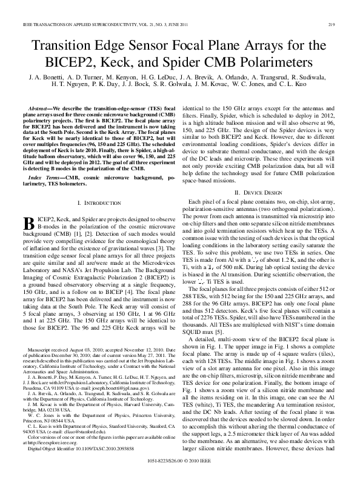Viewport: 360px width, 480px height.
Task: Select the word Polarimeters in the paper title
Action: pos(273,62)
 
